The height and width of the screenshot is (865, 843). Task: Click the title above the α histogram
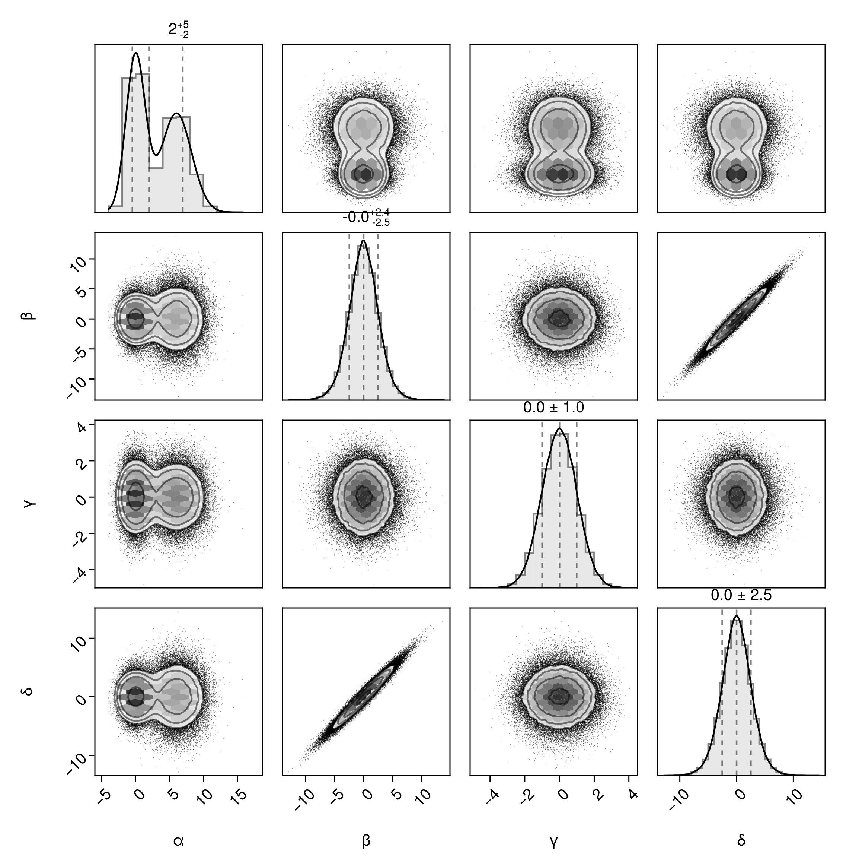point(179,30)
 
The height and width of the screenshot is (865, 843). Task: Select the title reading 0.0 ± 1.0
point(553,408)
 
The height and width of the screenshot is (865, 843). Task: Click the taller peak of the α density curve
point(135,53)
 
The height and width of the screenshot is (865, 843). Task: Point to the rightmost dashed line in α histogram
point(182,129)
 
